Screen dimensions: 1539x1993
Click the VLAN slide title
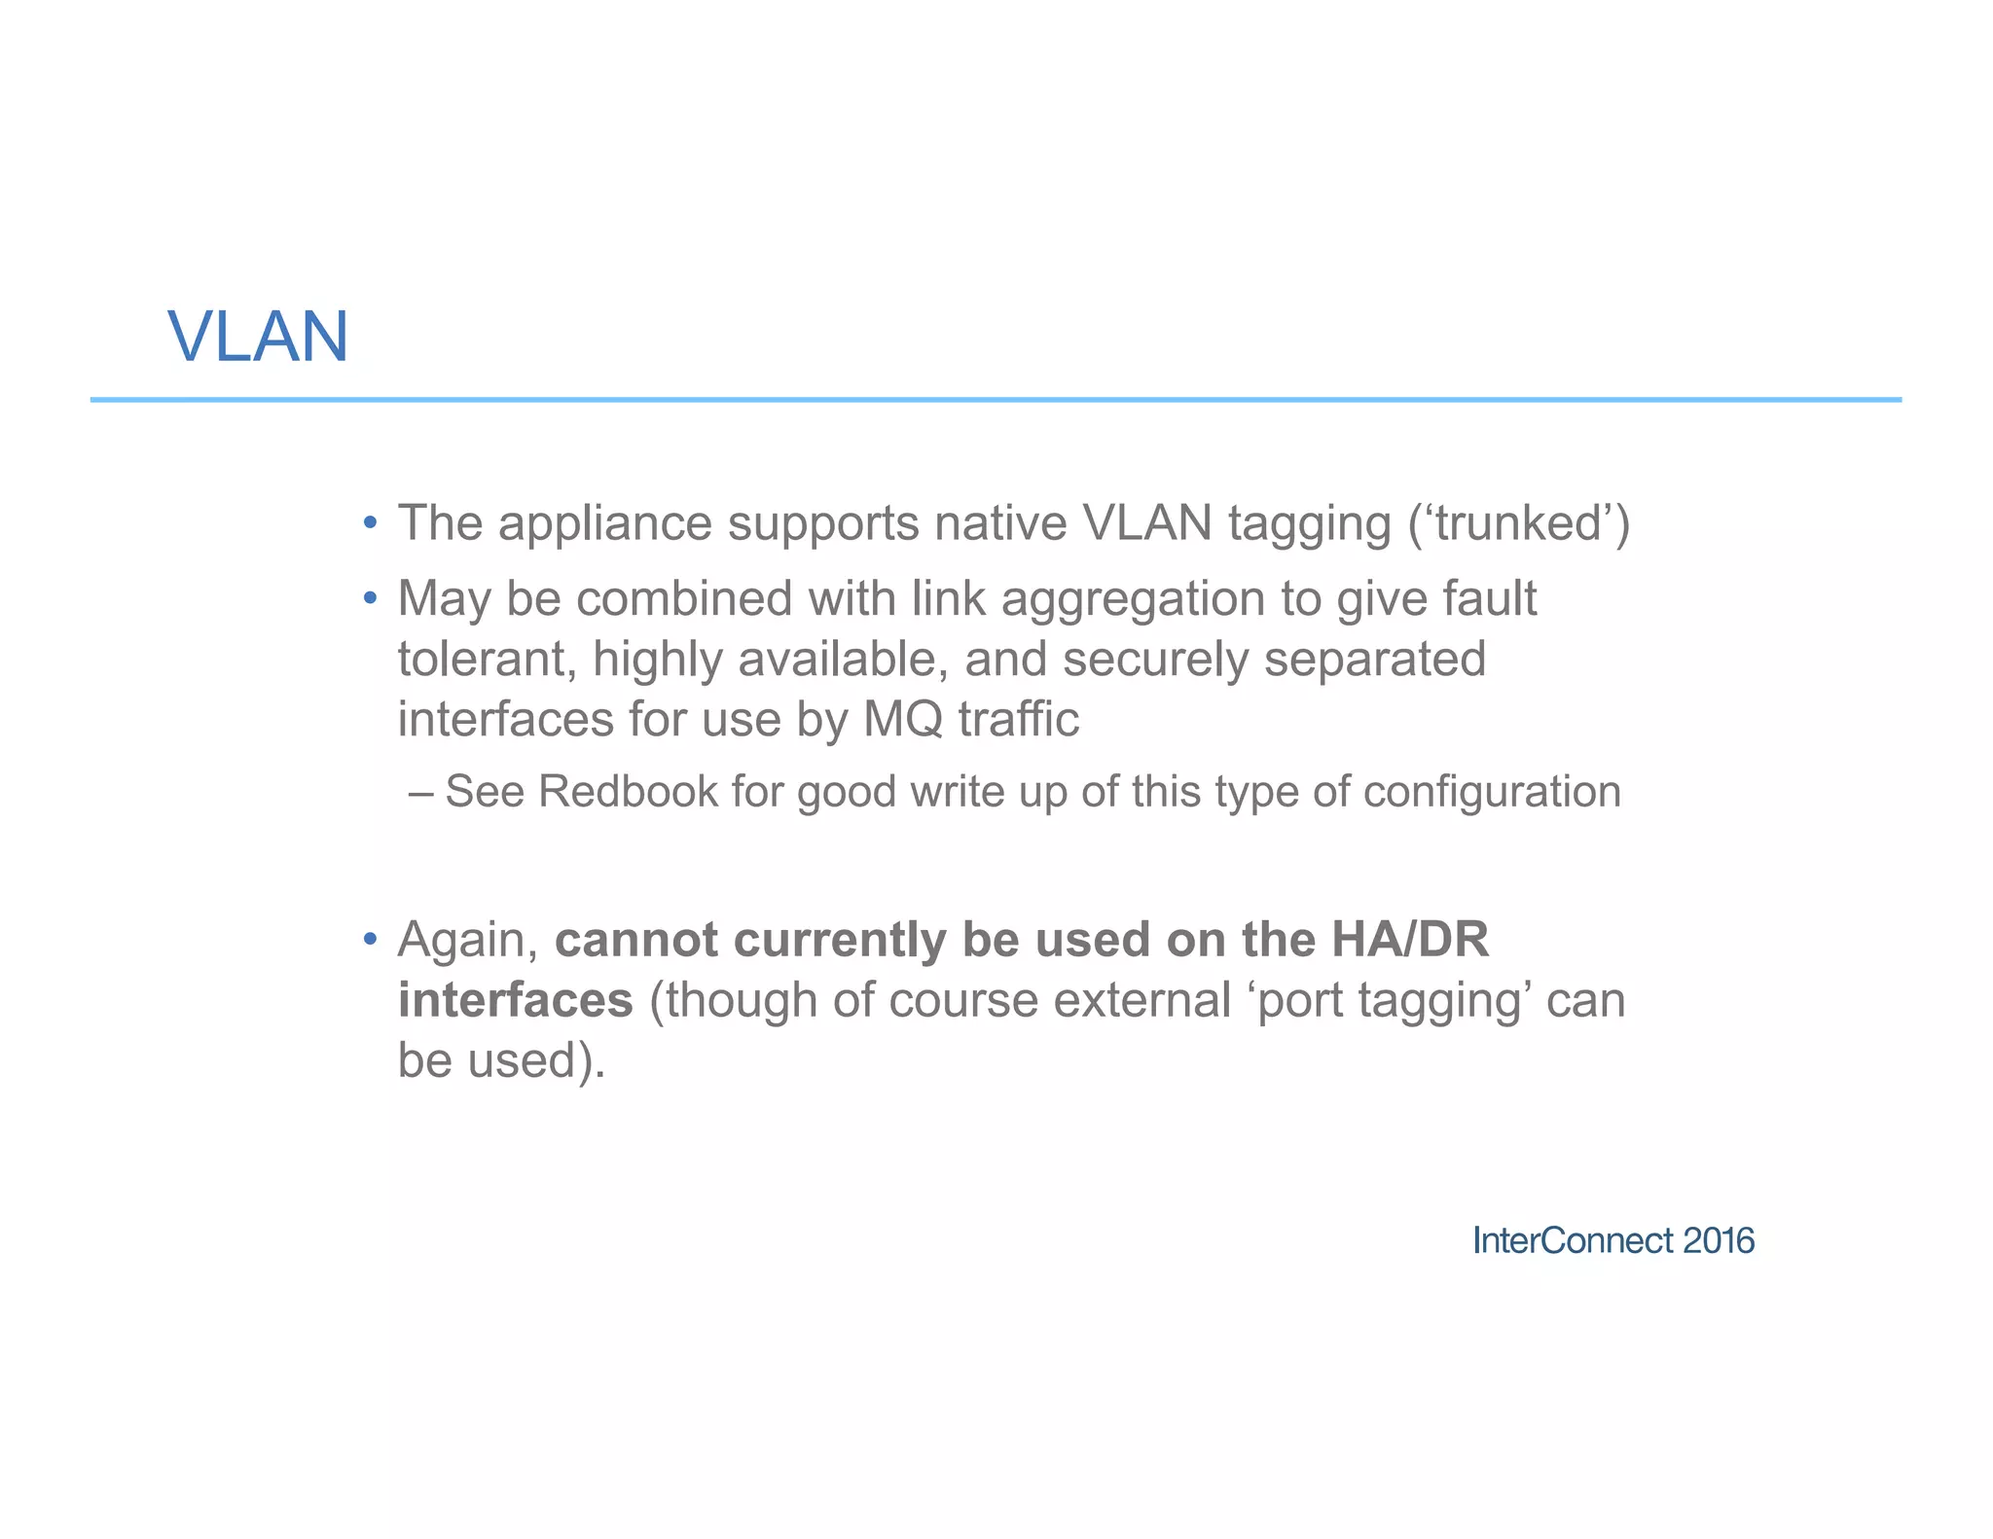click(258, 338)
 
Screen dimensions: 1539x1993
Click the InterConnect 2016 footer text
click(1613, 1240)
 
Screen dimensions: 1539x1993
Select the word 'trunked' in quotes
click(1518, 523)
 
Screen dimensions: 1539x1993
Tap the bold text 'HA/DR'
click(1409, 940)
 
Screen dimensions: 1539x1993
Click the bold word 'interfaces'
click(516, 1000)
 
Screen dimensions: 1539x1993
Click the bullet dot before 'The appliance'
click(370, 523)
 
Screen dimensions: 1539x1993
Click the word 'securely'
click(1155, 660)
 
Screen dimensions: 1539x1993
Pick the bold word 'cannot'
click(636, 940)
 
